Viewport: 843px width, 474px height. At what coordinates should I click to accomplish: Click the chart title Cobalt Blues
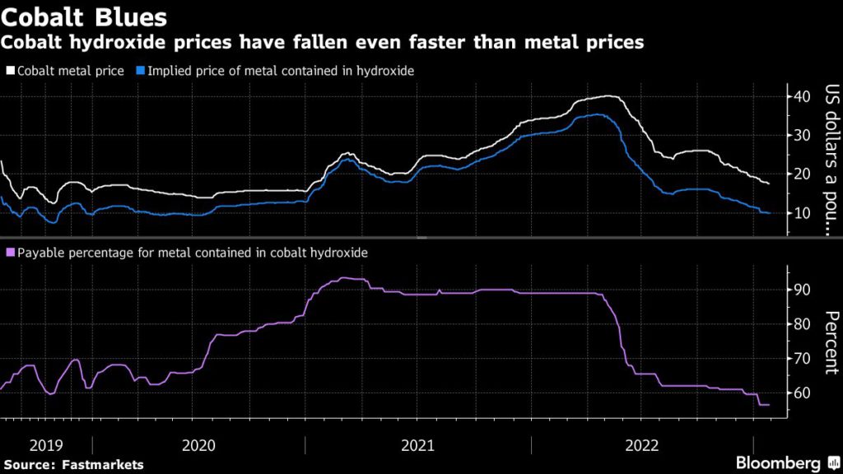(x=85, y=16)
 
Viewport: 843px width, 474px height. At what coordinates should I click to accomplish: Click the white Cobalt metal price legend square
(x=10, y=71)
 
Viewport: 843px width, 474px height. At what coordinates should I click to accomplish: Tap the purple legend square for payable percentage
(x=10, y=253)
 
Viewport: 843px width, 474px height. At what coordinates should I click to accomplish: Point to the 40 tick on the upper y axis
(x=803, y=96)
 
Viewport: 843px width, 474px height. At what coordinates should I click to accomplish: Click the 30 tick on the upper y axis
(x=803, y=135)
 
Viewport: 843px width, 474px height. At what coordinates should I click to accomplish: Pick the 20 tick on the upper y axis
(x=803, y=174)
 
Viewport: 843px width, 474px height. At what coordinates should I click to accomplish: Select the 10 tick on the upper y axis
(x=803, y=212)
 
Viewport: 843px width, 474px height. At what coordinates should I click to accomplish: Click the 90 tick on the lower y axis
(x=803, y=290)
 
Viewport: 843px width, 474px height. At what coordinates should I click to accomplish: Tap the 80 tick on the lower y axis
(x=803, y=324)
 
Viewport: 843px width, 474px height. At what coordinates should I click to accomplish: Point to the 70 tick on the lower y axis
(x=803, y=359)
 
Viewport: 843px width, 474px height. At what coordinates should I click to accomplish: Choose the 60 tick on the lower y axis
(x=803, y=393)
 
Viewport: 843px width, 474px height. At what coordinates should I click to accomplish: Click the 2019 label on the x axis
(x=45, y=445)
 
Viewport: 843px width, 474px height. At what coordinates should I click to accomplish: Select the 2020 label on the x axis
(x=198, y=445)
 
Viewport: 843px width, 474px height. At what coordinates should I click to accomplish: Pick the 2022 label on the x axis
(x=642, y=445)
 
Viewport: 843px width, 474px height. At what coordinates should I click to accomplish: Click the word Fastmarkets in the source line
(x=105, y=465)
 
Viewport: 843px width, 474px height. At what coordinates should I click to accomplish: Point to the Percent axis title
(x=831, y=342)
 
